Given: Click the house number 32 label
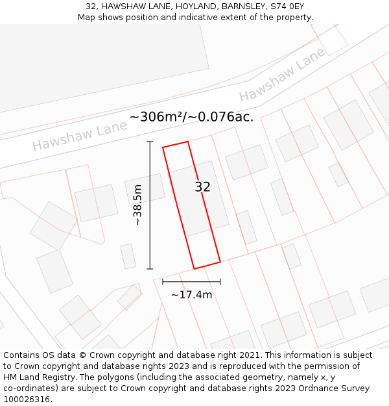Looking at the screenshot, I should [x=203, y=187].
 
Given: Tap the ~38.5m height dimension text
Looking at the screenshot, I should [x=137, y=205].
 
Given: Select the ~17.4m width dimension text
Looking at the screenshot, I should [x=191, y=295].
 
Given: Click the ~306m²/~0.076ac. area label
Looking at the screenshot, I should [x=191, y=117].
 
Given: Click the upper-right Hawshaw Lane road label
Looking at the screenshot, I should [x=281, y=77].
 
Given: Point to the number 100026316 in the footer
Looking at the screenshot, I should [x=27, y=400].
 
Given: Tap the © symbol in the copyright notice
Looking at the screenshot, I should [x=83, y=355].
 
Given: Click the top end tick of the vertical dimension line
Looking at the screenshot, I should [x=150, y=142].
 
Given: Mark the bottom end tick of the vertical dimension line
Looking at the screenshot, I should [x=150, y=268].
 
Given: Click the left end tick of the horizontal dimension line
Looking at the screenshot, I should [x=163, y=281].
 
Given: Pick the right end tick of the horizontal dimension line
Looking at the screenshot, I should [x=220, y=281].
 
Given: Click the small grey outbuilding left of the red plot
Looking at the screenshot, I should [x=128, y=256].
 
